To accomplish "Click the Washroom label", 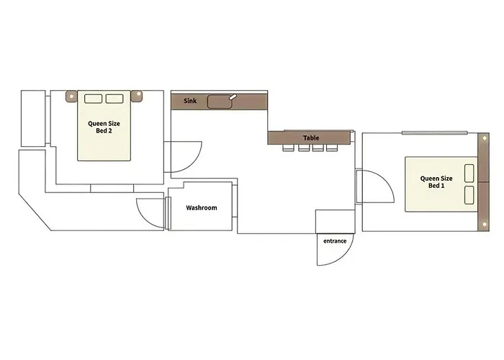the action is [x=202, y=207].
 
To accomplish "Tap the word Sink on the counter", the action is [x=190, y=101].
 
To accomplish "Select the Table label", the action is [x=311, y=138].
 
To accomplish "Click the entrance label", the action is [x=335, y=241].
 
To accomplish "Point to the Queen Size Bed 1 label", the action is [x=436, y=182].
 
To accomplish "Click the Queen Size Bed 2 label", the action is [x=104, y=127].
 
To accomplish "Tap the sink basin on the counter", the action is [x=220, y=102].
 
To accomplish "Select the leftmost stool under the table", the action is [x=288, y=148].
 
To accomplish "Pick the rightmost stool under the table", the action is [x=332, y=148].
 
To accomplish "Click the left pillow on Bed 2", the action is [x=93, y=99].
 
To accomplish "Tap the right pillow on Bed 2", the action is [x=114, y=99].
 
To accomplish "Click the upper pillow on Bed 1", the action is [x=469, y=174].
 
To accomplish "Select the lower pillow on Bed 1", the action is [x=469, y=195].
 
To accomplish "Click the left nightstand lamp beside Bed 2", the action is [x=71, y=96].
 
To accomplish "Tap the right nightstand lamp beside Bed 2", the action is [x=138, y=96].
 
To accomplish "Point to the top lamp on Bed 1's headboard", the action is [x=485, y=138].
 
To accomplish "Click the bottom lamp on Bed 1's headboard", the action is [x=485, y=225].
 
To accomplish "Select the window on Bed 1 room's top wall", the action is [x=435, y=132].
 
